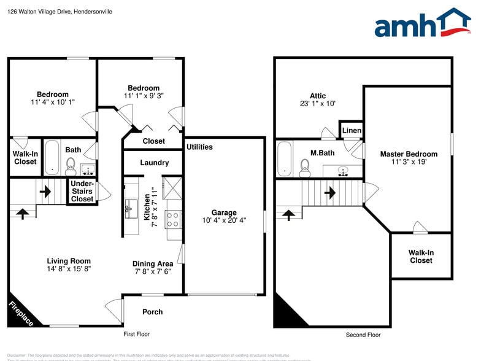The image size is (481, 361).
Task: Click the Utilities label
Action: (x=199, y=147)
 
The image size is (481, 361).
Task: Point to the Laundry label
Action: (x=154, y=163)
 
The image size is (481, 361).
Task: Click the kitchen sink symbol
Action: (x=131, y=208)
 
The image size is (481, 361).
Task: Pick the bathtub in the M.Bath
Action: (x=285, y=158)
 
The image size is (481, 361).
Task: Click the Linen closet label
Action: (x=352, y=131)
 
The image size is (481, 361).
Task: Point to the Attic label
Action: (x=318, y=96)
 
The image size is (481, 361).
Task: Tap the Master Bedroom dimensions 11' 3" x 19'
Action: (x=409, y=163)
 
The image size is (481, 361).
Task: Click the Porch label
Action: (x=152, y=312)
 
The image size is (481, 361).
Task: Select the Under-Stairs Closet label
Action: (x=82, y=191)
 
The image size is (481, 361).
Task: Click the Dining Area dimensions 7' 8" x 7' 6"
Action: (x=152, y=273)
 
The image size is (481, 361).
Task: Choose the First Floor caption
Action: (x=136, y=335)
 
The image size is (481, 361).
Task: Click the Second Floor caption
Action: (x=363, y=335)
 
